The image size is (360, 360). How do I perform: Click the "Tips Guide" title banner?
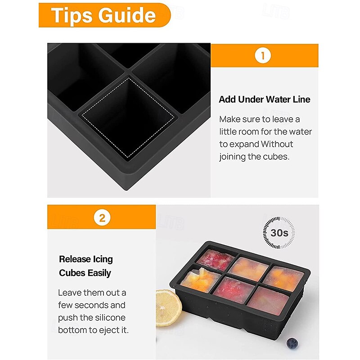(x=104, y=15)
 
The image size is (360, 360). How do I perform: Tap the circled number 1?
(x=263, y=56)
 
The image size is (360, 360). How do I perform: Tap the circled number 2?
(x=102, y=218)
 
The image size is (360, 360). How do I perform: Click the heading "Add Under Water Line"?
(x=265, y=99)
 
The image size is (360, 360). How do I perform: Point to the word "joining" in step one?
(x=234, y=157)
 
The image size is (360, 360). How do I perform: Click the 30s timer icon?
(x=279, y=233)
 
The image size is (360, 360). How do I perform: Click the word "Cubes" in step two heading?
(x=72, y=273)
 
